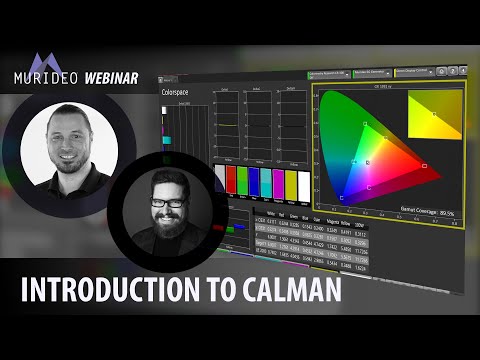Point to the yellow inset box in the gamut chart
coord(435,117)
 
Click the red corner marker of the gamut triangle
coord(424,165)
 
